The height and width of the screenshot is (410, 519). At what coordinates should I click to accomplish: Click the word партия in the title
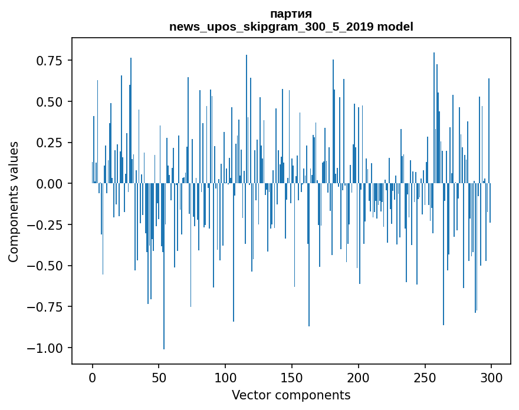(x=291, y=14)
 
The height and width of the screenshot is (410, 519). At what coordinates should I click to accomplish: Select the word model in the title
(x=395, y=27)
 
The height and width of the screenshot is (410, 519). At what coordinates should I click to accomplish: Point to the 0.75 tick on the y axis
(x=50, y=61)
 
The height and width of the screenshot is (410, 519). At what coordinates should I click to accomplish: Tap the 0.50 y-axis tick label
(x=50, y=102)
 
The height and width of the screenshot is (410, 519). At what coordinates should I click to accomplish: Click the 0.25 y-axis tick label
(x=50, y=143)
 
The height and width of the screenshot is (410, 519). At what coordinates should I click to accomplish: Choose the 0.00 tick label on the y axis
(x=50, y=184)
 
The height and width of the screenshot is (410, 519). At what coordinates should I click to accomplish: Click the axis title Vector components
(x=291, y=395)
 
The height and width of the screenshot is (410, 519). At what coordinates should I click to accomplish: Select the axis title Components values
(x=14, y=201)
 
